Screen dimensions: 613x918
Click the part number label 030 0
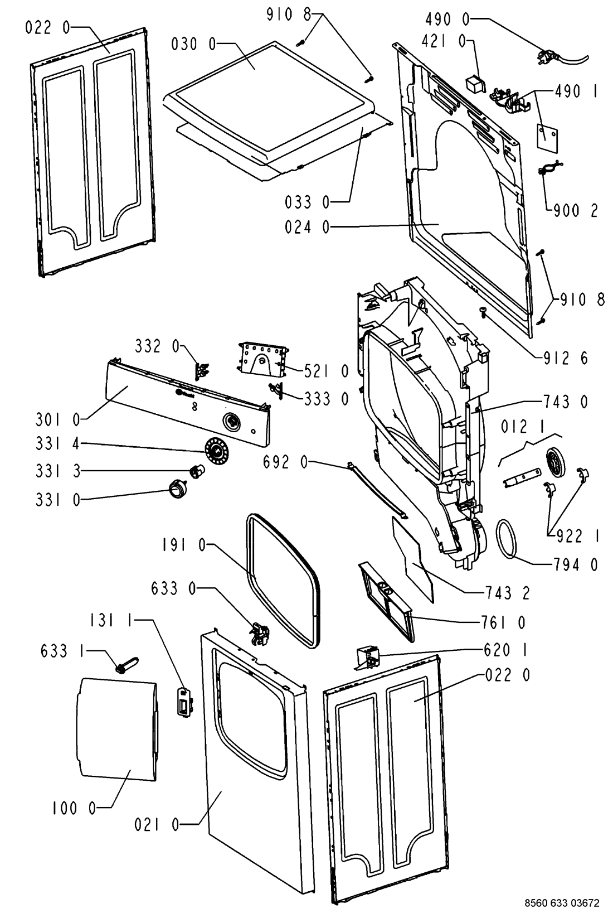tap(193, 44)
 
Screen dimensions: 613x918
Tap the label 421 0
tap(444, 41)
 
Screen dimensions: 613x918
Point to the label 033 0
tap(307, 202)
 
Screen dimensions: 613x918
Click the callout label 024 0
tap(307, 226)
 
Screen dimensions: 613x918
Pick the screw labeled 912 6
tap(483, 313)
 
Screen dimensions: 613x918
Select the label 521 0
tap(327, 371)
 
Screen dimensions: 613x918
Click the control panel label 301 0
tap(58, 419)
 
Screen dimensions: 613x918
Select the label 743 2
tap(507, 593)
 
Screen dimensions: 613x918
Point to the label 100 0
tap(74, 808)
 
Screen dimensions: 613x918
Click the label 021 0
tap(157, 824)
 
